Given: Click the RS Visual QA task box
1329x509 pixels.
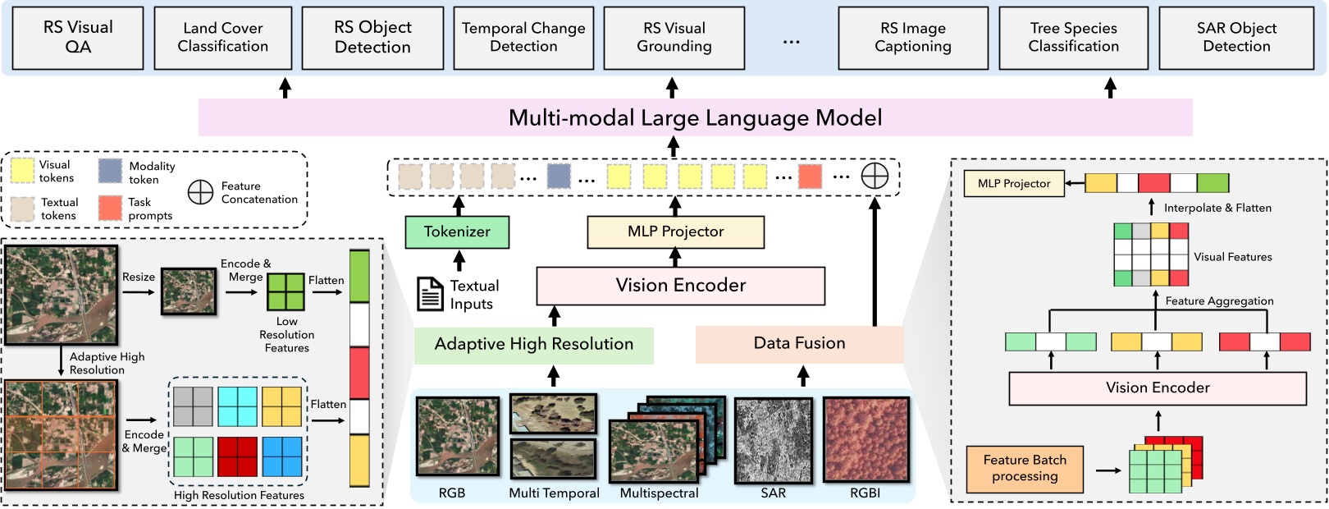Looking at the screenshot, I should click(79, 38).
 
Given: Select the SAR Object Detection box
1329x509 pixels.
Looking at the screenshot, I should click(1236, 38).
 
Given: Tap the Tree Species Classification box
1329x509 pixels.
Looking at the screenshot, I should click(1073, 38).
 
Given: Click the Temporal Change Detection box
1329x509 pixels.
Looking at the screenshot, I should click(523, 38).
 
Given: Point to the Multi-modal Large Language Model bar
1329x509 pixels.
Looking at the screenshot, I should click(695, 117).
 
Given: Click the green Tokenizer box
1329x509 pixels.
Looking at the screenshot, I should click(457, 232).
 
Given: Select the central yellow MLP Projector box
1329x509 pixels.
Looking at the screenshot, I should click(675, 232).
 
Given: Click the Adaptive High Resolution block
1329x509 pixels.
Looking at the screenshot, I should click(533, 345).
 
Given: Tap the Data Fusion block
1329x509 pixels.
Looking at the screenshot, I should click(799, 344).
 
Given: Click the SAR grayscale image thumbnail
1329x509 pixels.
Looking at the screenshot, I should click(773, 441).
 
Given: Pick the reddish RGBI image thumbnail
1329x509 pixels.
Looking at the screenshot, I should click(865, 440).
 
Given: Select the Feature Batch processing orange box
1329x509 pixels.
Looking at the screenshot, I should click(1025, 469).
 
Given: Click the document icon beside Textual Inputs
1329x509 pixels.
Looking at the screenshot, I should click(430, 294).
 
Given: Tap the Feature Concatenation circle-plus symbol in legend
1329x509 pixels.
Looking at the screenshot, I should click(200, 192).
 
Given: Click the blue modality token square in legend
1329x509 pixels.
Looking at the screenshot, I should click(110, 171).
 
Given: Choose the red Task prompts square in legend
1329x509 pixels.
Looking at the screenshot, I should click(110, 208).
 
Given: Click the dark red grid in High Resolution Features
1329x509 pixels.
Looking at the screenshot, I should click(237, 456).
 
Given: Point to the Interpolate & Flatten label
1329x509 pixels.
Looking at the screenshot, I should click(1217, 208).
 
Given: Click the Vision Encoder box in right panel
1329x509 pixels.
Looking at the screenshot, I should click(1157, 388).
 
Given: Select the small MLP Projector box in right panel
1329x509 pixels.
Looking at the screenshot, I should click(1013, 184).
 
